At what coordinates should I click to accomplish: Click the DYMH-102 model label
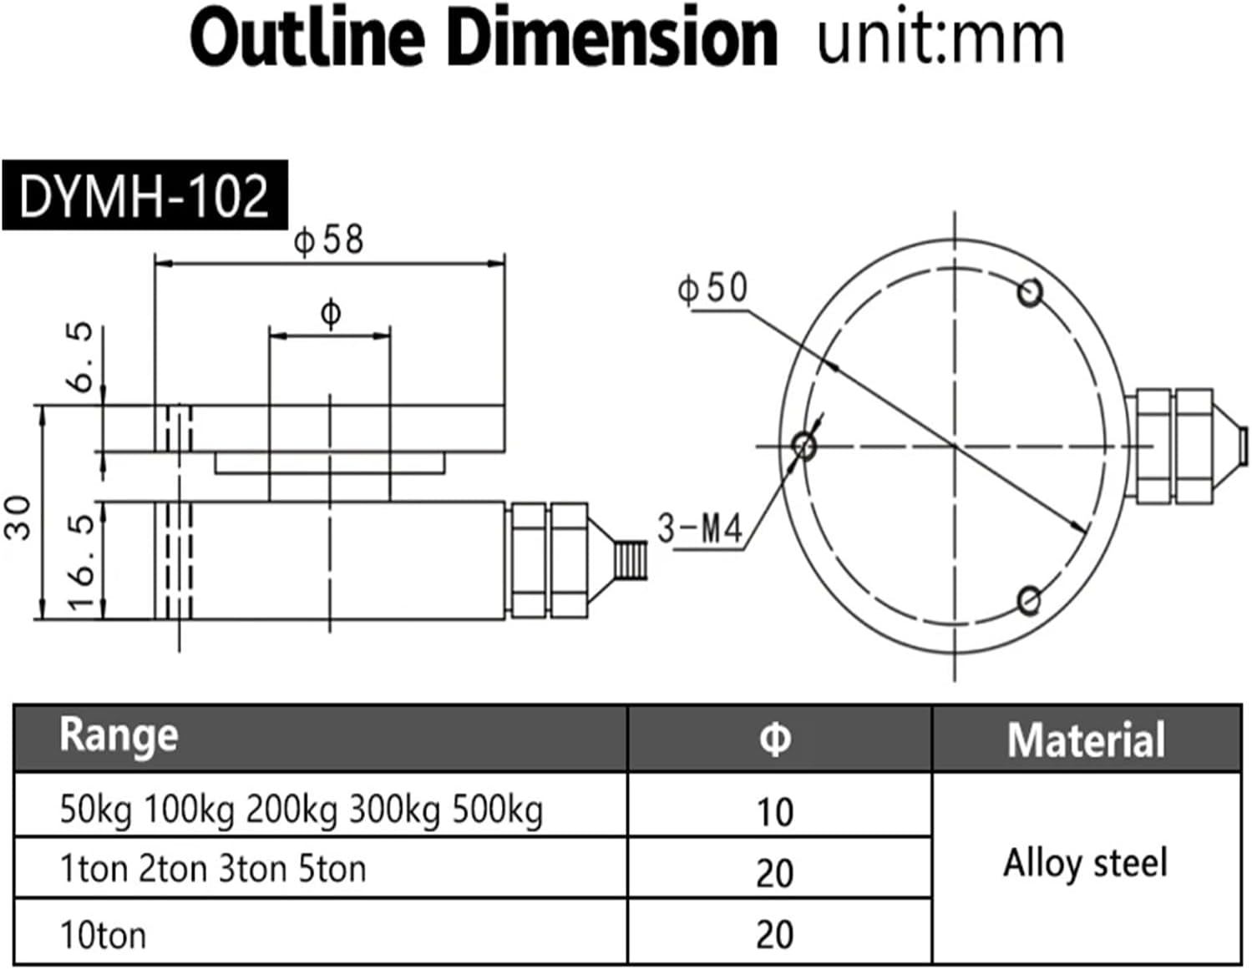point(144,196)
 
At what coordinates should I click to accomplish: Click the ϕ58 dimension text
point(329,240)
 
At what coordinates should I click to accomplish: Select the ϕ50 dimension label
point(712,288)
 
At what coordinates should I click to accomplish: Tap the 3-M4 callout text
point(699,528)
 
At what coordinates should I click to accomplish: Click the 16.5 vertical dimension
point(81,561)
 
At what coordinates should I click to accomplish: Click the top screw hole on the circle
point(1030,292)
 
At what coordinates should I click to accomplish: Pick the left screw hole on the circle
point(804,445)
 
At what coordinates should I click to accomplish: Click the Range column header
point(119,736)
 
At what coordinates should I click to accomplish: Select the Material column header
point(1085,739)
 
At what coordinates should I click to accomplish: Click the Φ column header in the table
point(775,739)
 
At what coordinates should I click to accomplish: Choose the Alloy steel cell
point(1085,863)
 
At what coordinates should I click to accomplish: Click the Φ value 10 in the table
point(775,811)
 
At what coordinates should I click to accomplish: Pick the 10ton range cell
point(103,935)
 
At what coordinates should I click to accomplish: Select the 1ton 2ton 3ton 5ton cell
point(213,870)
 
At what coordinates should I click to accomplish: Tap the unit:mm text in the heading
point(940,39)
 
